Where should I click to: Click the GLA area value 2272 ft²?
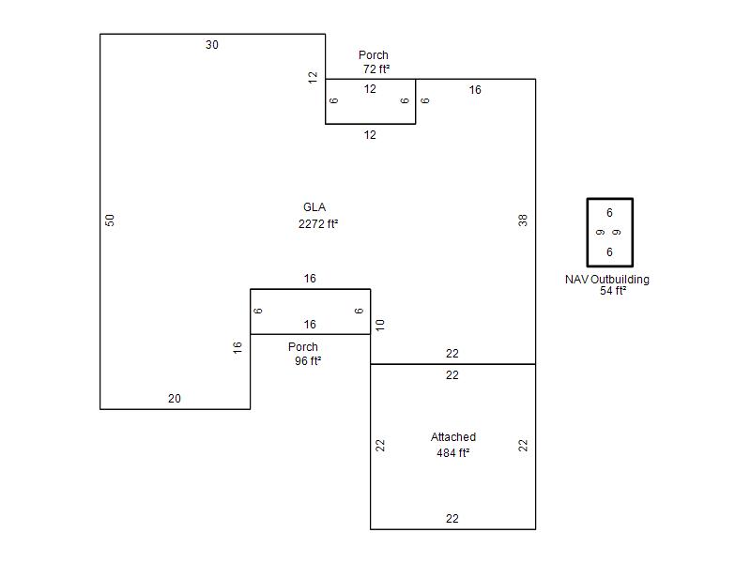[318, 223]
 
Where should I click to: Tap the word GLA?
[314, 207]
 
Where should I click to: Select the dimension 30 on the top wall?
[212, 45]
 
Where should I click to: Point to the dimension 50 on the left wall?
[110, 221]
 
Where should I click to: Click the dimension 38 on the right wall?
[523, 221]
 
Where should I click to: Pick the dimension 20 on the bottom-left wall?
[175, 398]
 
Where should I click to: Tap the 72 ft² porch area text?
[376, 68]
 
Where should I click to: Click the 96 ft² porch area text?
[308, 360]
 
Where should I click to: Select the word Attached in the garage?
[453, 436]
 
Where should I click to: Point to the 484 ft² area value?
[452, 452]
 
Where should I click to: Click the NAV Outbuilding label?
[607, 279]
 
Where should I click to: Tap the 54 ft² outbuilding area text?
[613, 291]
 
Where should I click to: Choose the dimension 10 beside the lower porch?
[380, 326]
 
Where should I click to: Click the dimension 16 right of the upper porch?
[475, 90]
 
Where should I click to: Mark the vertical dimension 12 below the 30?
[313, 77]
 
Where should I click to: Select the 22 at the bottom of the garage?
[452, 519]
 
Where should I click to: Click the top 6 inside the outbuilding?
[609, 213]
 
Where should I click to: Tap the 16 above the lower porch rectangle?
[310, 279]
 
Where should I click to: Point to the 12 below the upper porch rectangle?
[370, 135]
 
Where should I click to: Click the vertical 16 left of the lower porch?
[238, 347]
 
